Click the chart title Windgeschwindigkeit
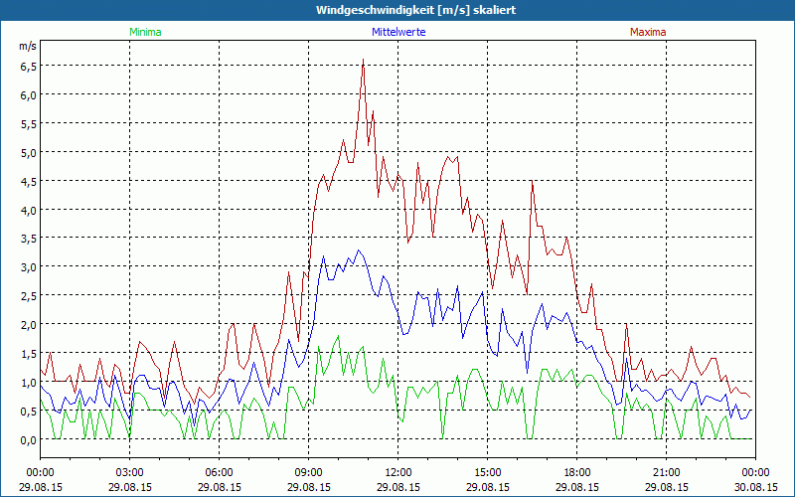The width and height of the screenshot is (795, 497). point(397,10)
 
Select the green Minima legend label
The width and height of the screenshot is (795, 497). point(145,32)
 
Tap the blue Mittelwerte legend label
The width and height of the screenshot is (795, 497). point(399,32)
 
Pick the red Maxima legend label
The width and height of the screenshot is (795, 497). point(648,32)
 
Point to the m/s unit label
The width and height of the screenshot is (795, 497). point(28,46)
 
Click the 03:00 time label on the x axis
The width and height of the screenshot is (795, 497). point(129,472)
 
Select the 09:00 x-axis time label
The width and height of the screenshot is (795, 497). point(308,472)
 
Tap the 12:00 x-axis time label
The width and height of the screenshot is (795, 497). point(397,472)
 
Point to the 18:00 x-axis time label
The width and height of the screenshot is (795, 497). point(576,472)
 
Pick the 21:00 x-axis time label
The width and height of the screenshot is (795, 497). point(666,472)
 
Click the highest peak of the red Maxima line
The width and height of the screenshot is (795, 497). point(363,61)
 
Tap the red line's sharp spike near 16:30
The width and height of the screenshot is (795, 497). point(533,181)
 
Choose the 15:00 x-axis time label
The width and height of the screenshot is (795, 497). point(487,472)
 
